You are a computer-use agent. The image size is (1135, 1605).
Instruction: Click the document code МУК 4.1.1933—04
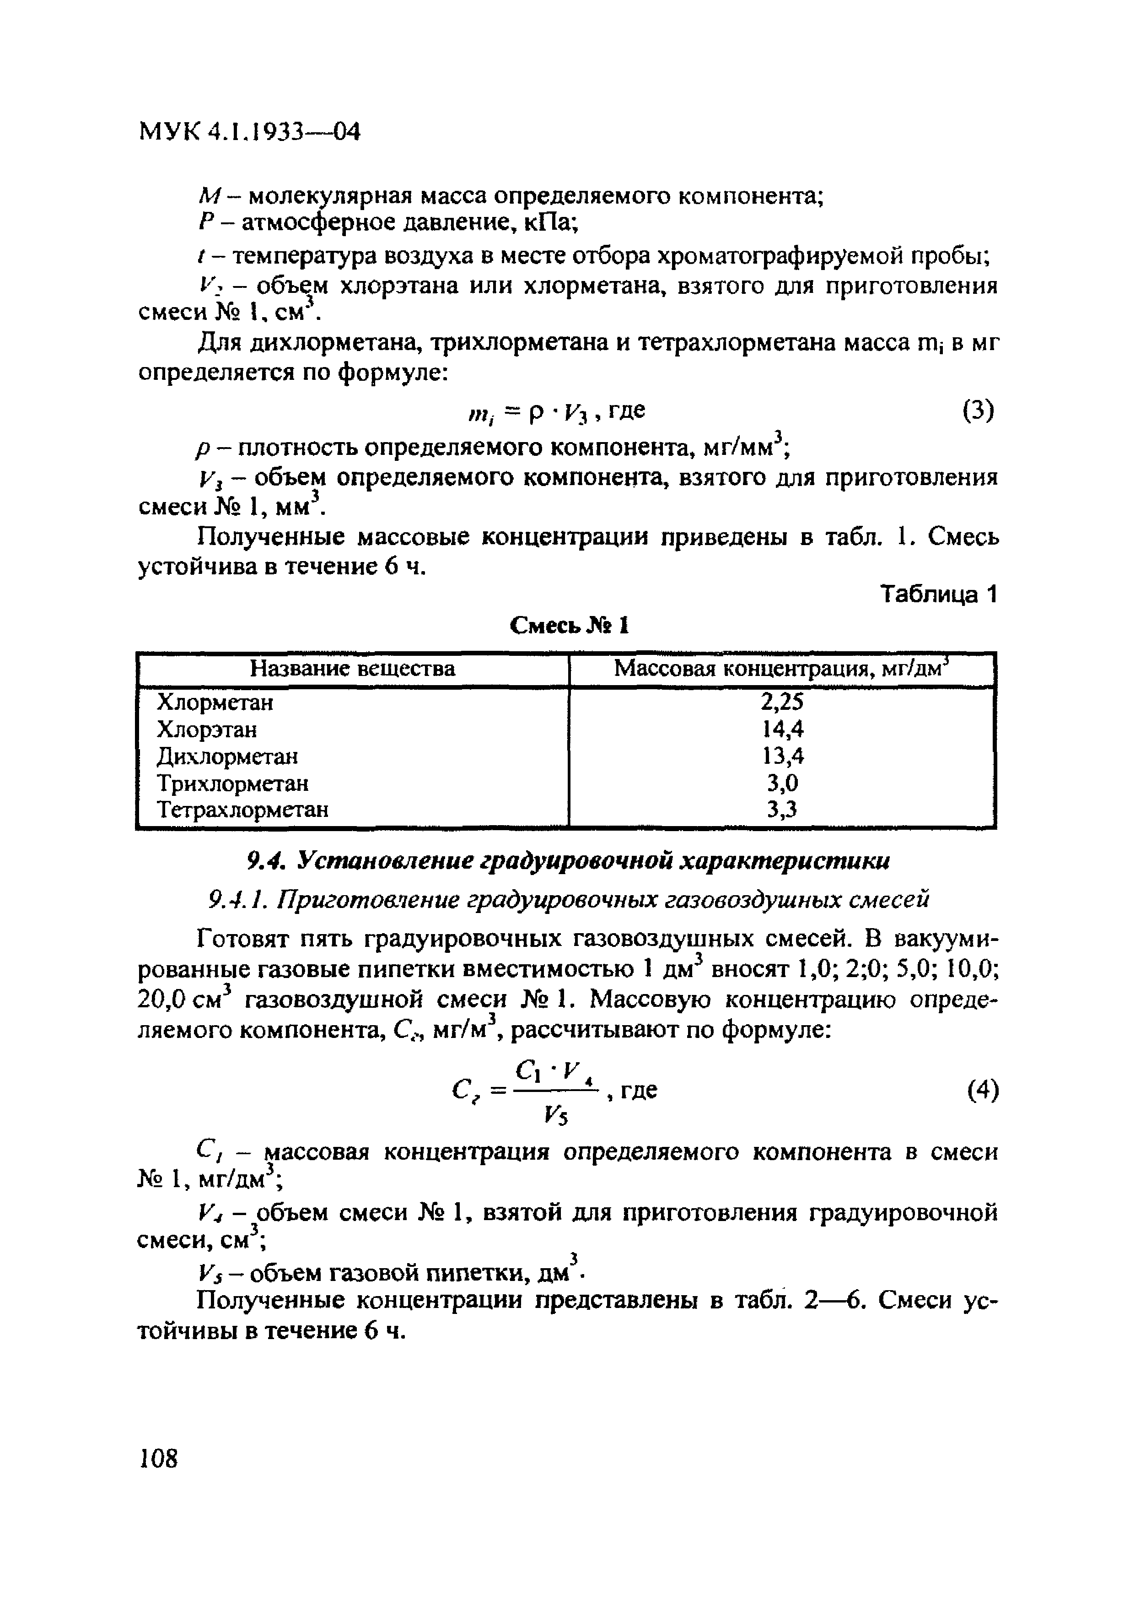click(249, 131)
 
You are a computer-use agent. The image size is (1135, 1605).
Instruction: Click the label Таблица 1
click(937, 594)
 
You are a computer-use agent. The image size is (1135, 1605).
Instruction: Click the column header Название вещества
click(352, 669)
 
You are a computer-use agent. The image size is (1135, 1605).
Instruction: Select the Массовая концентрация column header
click(781, 669)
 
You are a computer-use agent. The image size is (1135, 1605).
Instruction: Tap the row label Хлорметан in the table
click(215, 702)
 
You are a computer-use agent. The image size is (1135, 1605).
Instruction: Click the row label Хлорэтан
click(207, 730)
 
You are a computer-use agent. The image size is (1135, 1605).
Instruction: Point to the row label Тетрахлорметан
click(242, 810)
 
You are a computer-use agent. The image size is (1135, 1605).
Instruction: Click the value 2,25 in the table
click(782, 702)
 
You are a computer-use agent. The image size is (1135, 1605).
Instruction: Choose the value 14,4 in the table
click(782, 730)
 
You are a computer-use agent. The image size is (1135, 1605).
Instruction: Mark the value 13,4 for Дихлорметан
click(782, 757)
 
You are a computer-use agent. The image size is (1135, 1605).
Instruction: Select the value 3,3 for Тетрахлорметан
click(782, 810)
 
